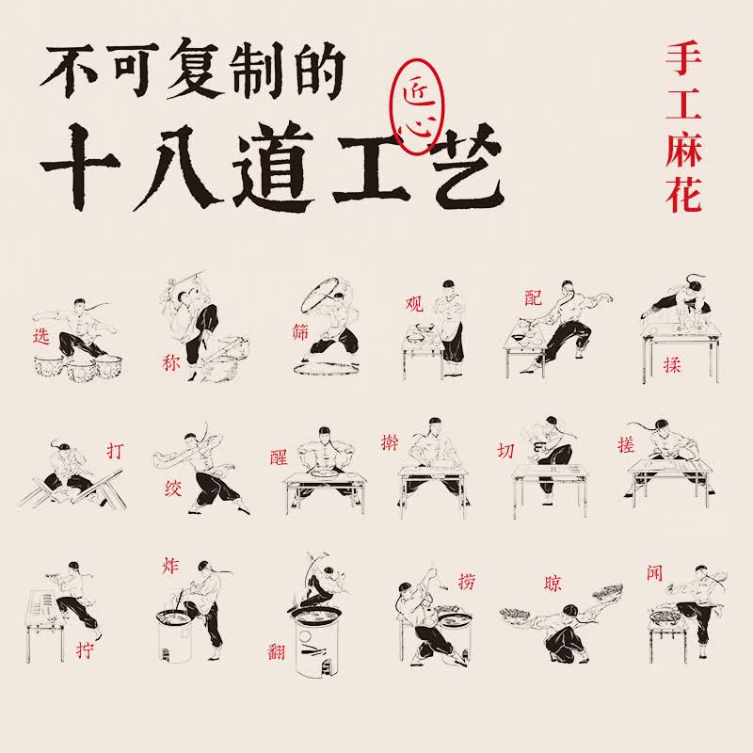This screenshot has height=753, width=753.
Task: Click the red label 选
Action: tap(41, 336)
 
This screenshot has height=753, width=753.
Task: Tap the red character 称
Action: tap(171, 362)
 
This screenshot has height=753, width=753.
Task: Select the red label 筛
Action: tap(300, 332)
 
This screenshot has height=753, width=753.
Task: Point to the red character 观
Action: tap(414, 303)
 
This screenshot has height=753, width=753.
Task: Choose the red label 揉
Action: tap(672, 365)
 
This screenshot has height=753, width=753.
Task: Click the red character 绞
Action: tap(172, 489)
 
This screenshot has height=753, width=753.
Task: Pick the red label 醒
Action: tap(279, 457)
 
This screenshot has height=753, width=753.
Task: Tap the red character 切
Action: tap(505, 451)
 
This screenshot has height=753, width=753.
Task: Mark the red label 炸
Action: tap(170, 566)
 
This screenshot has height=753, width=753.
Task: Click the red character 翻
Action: tap(276, 651)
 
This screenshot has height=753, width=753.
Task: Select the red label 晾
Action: tap(553, 583)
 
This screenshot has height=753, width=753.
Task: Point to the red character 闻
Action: tap(654, 572)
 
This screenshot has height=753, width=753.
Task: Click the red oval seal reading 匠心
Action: tap(418, 106)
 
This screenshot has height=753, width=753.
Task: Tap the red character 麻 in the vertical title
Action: tap(683, 150)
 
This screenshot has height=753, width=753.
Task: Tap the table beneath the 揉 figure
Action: tap(681, 351)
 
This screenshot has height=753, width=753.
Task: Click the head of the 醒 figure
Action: tap(325, 435)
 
